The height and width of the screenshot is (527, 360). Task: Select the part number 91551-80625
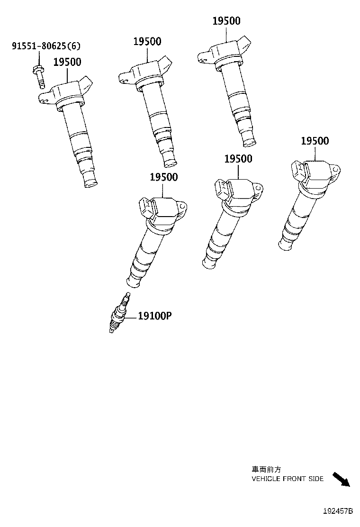point(39,46)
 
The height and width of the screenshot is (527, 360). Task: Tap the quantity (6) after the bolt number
point(74,46)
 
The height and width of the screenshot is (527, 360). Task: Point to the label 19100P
point(154,316)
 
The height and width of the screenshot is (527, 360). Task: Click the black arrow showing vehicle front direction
point(341,479)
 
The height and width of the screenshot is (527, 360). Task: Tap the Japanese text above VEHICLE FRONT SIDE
point(266,469)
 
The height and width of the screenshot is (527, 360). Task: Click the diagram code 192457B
point(338,511)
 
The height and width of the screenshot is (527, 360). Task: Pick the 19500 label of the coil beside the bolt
point(67,62)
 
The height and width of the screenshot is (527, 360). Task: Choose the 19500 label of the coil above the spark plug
point(163,177)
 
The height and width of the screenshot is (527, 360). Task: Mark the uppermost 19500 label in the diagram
point(226,21)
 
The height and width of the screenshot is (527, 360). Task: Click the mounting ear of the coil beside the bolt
point(44,98)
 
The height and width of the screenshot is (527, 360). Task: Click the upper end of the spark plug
point(126,297)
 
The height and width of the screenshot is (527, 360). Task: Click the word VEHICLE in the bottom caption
point(267,479)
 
